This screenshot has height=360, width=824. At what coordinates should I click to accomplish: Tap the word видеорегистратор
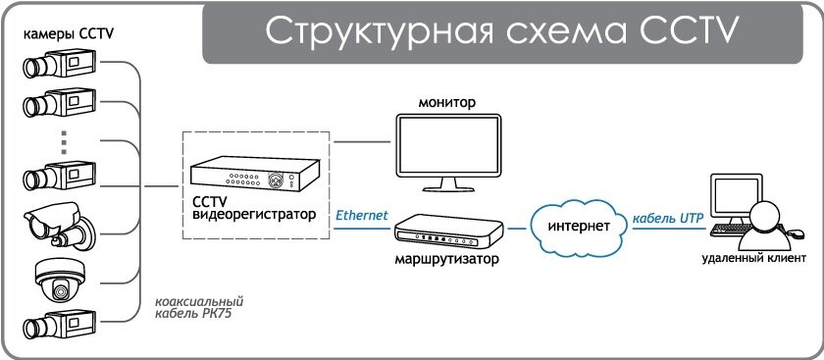point(250,214)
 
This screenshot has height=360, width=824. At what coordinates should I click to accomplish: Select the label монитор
point(446,102)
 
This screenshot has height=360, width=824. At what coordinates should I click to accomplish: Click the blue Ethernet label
point(362,215)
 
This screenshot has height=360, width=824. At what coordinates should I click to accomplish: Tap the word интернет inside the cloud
point(573,227)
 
